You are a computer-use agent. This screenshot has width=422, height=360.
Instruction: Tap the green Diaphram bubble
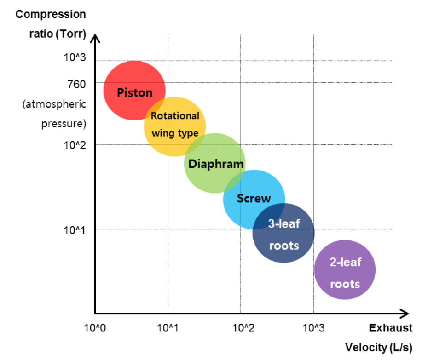click(214, 163)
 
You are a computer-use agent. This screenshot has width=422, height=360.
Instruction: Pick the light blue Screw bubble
click(254, 199)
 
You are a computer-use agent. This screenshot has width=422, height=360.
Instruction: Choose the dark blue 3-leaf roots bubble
click(283, 233)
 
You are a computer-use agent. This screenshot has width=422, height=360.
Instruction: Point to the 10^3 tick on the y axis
click(75, 57)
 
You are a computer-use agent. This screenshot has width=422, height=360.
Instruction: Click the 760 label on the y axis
click(76, 83)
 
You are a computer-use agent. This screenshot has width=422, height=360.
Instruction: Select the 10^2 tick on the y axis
click(75, 145)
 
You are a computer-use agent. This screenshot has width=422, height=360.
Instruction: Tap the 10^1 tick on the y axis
click(75, 229)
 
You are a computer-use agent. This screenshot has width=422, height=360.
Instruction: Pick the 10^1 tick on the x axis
click(168, 328)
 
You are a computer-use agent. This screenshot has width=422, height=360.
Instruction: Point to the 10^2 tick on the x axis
click(241, 328)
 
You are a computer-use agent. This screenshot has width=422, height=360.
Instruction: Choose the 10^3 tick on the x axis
click(314, 328)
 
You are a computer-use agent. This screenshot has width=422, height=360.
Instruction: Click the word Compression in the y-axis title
click(51, 14)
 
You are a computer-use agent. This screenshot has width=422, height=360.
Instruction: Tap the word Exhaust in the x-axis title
click(390, 328)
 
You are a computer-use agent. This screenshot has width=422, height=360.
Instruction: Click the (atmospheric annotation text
click(54, 104)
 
